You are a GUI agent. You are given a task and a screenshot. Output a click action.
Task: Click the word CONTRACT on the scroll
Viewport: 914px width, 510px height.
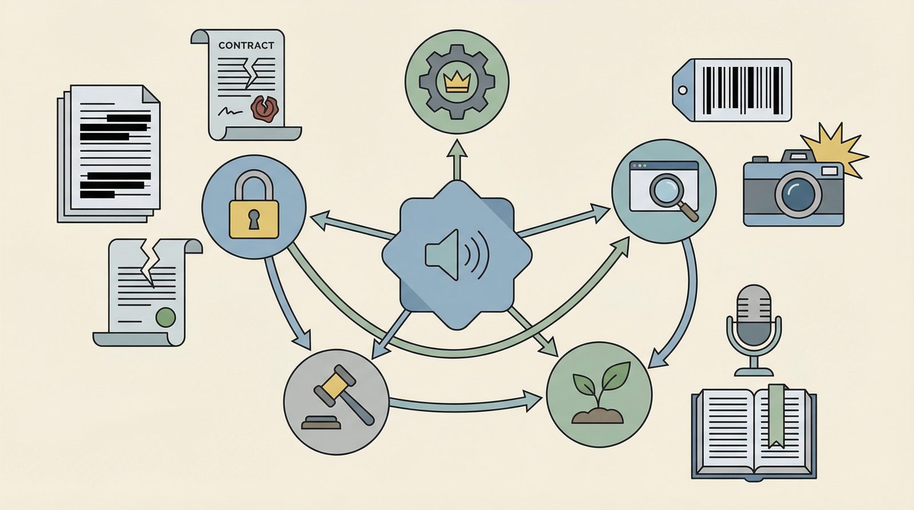[x=246, y=45]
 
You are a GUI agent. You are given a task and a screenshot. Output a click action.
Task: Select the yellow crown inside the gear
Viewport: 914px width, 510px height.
[x=456, y=82]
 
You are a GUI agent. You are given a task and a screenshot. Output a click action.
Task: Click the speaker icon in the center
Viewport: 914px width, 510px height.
[x=456, y=255]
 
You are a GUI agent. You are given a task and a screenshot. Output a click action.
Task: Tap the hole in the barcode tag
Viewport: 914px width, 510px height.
[x=683, y=90]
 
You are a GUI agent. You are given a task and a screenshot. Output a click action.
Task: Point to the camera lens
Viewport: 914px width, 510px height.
[x=799, y=194]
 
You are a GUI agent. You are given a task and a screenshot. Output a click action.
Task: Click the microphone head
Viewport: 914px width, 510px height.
[x=753, y=315]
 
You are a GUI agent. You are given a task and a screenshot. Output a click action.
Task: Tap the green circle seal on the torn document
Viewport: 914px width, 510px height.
[x=166, y=317]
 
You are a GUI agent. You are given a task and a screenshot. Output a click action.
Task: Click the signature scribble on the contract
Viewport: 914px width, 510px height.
[x=230, y=111]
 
